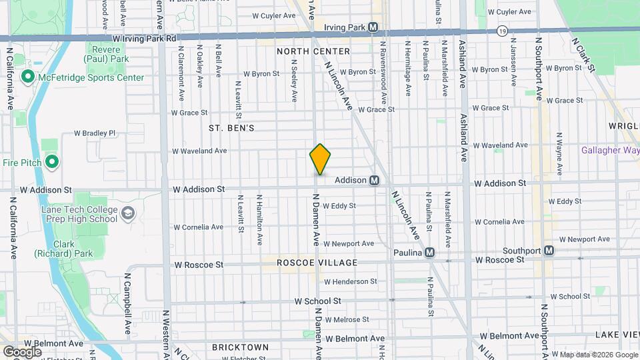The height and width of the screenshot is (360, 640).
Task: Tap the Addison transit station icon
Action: [375, 180]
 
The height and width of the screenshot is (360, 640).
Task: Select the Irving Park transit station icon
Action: [373, 27]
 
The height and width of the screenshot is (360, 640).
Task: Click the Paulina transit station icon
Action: [430, 253]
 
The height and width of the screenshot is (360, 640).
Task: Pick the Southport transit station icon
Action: [549, 251]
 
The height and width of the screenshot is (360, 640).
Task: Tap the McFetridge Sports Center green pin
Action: [27, 77]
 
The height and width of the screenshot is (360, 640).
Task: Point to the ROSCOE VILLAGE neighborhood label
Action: [317, 263]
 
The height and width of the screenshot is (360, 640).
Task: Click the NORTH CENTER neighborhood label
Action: [313, 51]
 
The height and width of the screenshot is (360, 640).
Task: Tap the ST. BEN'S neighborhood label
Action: [231, 127]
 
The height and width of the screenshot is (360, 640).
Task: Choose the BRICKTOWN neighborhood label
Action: [240, 347]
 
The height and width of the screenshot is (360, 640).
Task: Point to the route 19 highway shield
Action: [501, 31]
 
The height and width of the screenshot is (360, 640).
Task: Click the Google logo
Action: [22, 351]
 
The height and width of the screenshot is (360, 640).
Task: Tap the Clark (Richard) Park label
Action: [64, 249]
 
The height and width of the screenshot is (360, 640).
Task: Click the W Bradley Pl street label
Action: [95, 133]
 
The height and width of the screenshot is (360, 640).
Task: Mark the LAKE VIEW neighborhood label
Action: [617, 334]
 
